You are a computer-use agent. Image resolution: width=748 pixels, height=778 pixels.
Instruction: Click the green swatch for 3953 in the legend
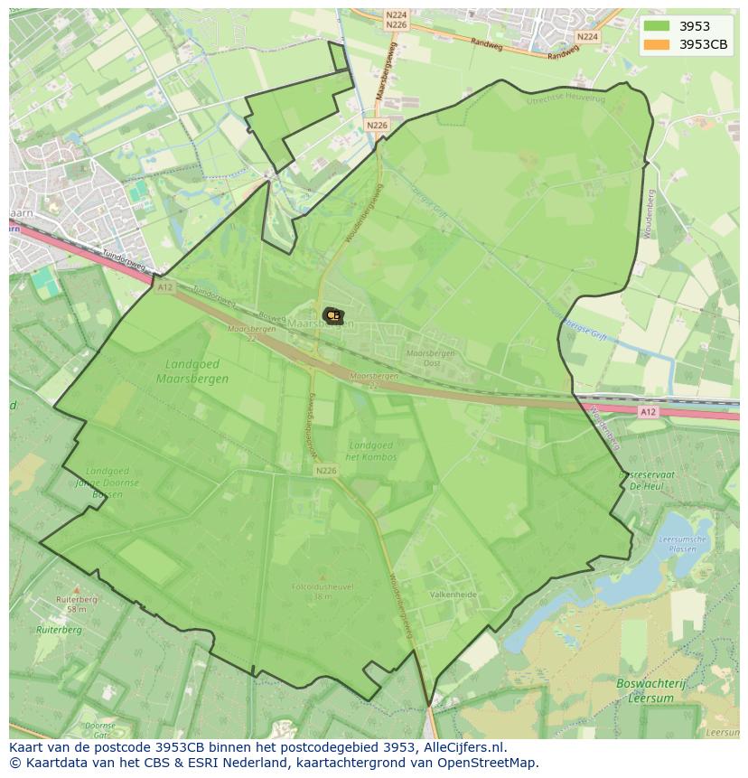[x=657, y=26]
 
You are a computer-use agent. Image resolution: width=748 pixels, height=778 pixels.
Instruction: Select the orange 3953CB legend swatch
[x=657, y=44]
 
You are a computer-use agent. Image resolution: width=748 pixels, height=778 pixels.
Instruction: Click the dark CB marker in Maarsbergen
[x=332, y=315]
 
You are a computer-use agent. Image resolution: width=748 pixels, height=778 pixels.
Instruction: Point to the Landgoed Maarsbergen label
[x=192, y=371]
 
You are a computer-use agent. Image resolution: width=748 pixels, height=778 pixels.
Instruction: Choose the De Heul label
[x=647, y=486]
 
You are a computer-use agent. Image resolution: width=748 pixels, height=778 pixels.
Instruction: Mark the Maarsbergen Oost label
[x=430, y=358]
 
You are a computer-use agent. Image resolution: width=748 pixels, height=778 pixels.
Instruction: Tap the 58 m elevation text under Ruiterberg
[x=76, y=609]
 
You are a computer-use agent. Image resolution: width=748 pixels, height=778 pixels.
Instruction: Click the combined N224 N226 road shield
[x=396, y=20]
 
